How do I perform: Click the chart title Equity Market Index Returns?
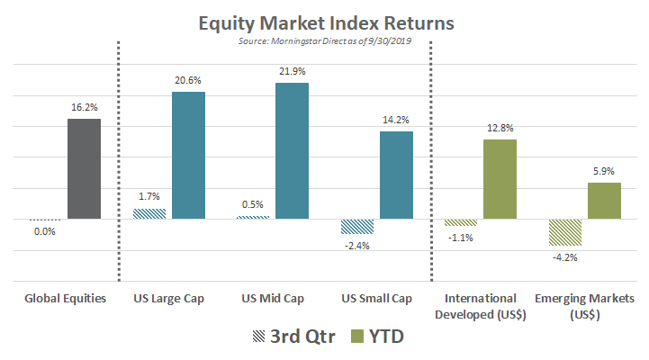pos(326,23)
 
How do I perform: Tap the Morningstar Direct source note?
pos(324,41)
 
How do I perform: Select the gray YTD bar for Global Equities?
pos(84,169)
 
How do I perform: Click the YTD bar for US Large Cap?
pos(188,155)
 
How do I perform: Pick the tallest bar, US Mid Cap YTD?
pos(293,150)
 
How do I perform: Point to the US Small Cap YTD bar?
pos(397,175)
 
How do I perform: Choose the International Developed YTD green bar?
pos(500,179)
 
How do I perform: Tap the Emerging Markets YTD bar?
pos(604,201)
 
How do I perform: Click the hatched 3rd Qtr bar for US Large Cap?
pos(149,213)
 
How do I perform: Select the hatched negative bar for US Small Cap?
pos(357,226)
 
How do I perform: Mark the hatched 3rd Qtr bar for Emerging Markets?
pos(565,232)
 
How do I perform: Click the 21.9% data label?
pos(293,71)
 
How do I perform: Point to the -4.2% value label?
pos(565,257)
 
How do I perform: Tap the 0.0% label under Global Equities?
pos(45,231)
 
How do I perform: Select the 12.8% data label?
pos(500,128)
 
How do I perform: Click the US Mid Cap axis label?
pos(273,298)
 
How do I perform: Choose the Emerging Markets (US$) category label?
pos(584,306)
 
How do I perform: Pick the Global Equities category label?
pos(66,298)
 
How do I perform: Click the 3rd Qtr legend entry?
pos(293,337)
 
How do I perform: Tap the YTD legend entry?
pos(377,337)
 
